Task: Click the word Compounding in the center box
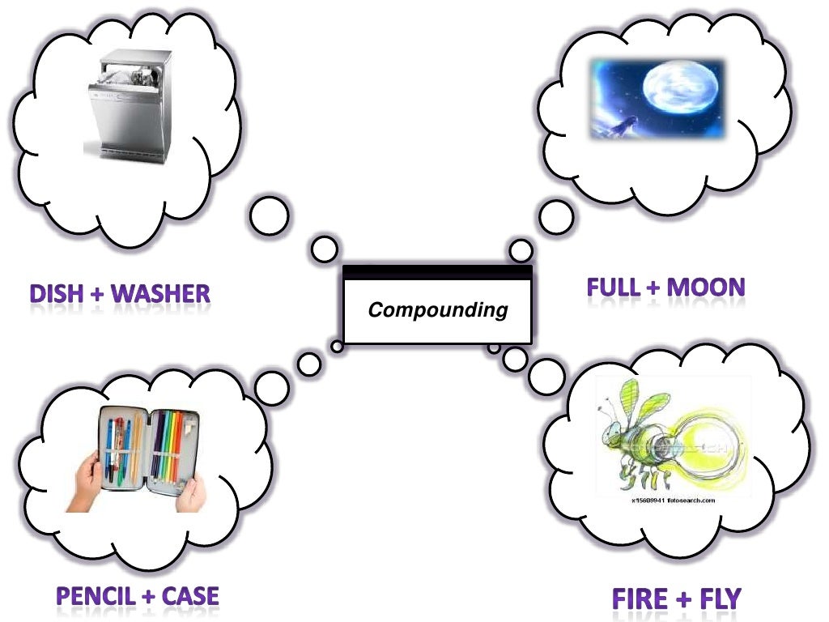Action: [438, 309]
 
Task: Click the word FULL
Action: [615, 287]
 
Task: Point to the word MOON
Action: [704, 287]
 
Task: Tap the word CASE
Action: [190, 597]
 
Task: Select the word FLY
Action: [716, 599]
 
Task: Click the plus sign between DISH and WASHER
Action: [97, 294]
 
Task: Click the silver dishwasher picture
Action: [129, 104]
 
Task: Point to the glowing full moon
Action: [670, 95]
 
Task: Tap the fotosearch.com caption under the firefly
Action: [672, 501]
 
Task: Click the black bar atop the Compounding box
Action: [437, 273]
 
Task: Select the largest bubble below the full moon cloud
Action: [556, 217]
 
